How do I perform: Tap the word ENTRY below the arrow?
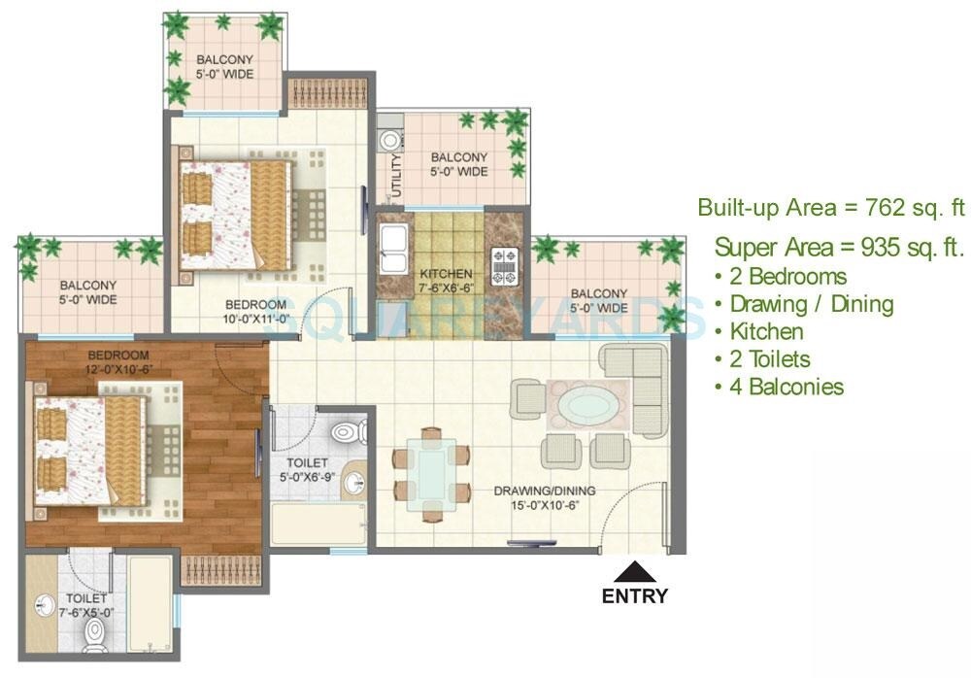pos(635,596)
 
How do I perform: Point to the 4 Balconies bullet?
pos(779,387)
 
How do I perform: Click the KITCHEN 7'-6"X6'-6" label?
pos(446,281)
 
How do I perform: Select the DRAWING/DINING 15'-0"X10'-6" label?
pos(543,497)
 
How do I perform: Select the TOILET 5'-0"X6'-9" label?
pos(306,469)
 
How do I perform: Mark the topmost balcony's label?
pos(224,65)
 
